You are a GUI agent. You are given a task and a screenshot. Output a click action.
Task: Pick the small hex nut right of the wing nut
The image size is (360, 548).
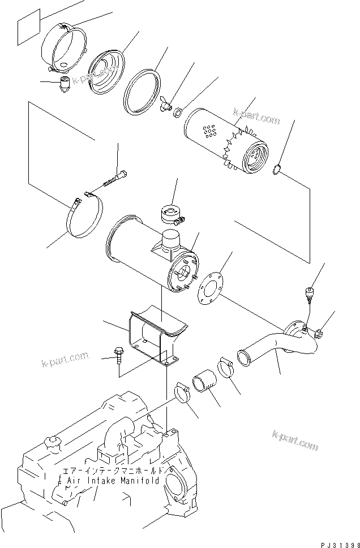pos(176,112)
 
